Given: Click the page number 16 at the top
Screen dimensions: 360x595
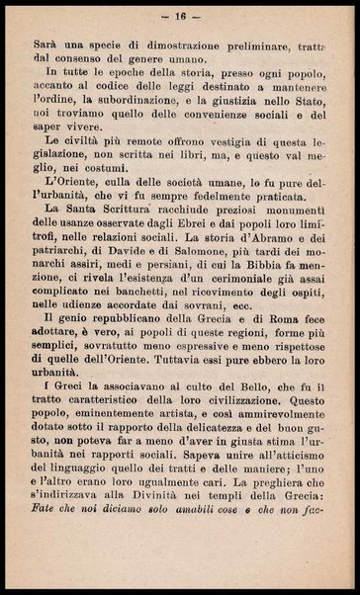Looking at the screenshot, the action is pos(181,17).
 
